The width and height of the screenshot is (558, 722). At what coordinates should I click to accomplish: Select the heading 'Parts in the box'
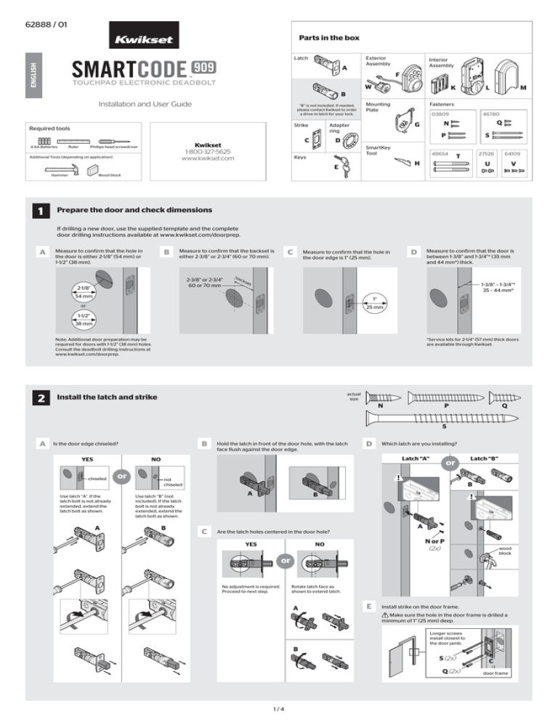[328, 37]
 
